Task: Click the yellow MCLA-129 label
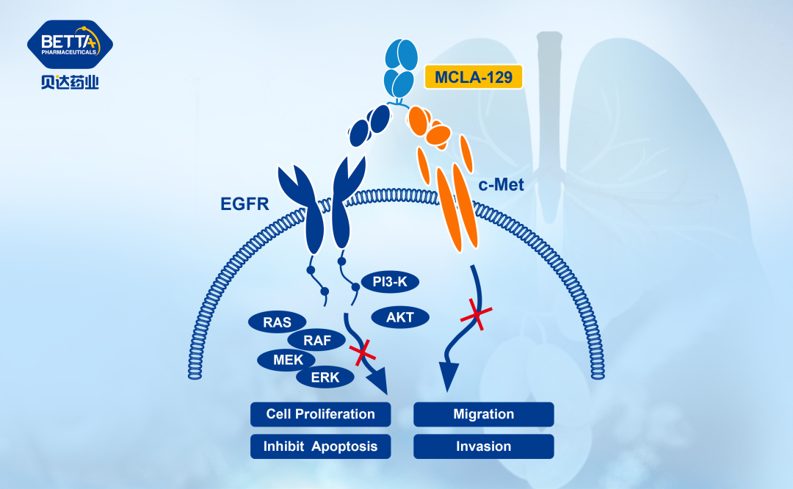474,77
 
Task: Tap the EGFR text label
245,203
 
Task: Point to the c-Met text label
501,185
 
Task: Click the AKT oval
400,317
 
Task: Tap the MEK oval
286,360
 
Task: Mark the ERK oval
325,377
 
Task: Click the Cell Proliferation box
320,414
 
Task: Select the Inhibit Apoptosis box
320,446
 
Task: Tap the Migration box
483,414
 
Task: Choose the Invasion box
483,446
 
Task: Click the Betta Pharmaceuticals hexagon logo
70,45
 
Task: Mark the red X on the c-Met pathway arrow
476,317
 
